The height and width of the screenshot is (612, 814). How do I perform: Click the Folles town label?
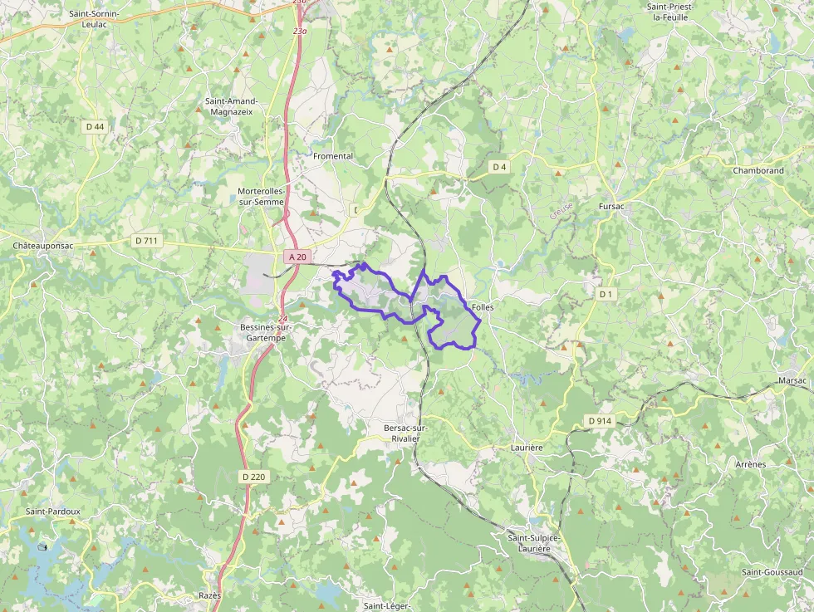pos(483,307)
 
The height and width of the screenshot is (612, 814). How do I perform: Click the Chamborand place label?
pos(758,171)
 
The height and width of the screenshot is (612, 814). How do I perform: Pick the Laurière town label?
pos(527,448)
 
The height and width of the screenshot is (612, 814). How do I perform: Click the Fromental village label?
pos(333,156)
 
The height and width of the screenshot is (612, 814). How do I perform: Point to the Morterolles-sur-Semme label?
pos(261,196)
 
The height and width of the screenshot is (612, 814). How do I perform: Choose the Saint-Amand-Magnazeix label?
pos(232,106)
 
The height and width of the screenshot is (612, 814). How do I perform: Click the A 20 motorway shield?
pos(297,257)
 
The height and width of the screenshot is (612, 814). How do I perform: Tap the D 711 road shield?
pos(145,241)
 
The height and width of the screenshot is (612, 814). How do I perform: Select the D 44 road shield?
pos(95,126)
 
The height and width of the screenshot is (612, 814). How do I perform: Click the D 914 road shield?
pos(600,421)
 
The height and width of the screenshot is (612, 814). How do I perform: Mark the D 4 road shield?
pos(499,167)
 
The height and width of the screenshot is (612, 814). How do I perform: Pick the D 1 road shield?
pos(606,294)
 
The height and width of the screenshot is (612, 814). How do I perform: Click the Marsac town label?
pos(792,380)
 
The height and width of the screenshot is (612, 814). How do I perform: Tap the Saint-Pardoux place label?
pos(53,512)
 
